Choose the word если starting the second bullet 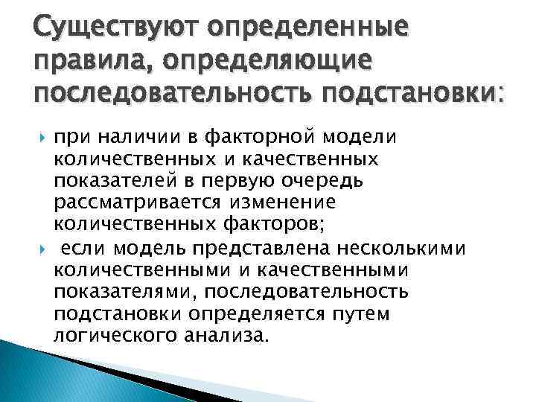tap(76, 246)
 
